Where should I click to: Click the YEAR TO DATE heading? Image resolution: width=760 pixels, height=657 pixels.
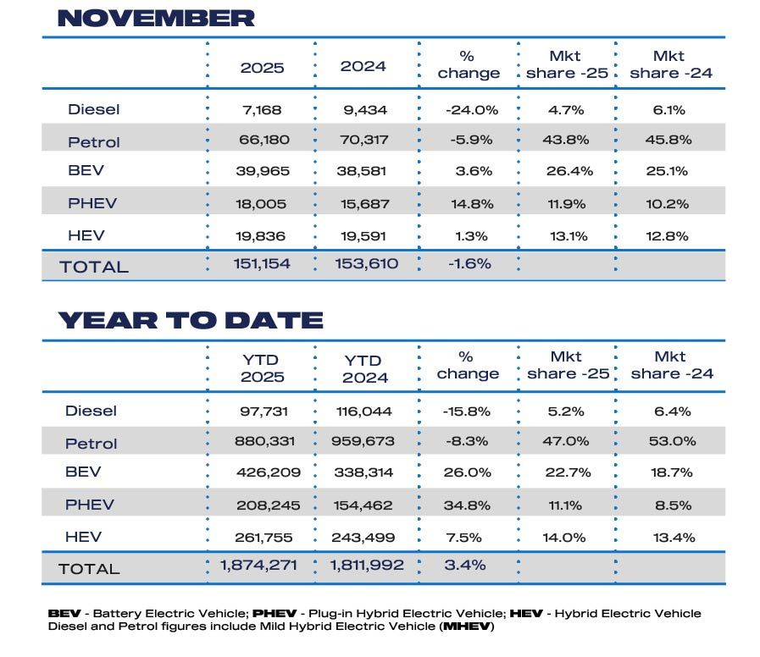click(191, 320)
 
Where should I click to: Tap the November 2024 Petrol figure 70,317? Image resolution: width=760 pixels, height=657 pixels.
click(363, 141)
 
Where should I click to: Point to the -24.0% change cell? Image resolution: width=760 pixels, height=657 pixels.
click(469, 110)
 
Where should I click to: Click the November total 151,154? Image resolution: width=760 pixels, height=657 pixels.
click(262, 264)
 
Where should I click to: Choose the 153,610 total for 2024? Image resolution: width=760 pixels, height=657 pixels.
click(363, 264)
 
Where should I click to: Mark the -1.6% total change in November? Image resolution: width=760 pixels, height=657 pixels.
click(468, 264)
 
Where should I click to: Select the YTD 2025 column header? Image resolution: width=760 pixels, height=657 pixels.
click(262, 369)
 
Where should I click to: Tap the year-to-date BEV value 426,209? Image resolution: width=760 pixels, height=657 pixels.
click(263, 472)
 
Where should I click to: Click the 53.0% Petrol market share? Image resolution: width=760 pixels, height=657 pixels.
click(672, 441)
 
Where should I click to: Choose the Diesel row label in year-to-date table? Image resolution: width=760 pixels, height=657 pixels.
click(91, 411)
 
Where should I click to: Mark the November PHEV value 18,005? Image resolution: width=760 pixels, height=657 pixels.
click(263, 203)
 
